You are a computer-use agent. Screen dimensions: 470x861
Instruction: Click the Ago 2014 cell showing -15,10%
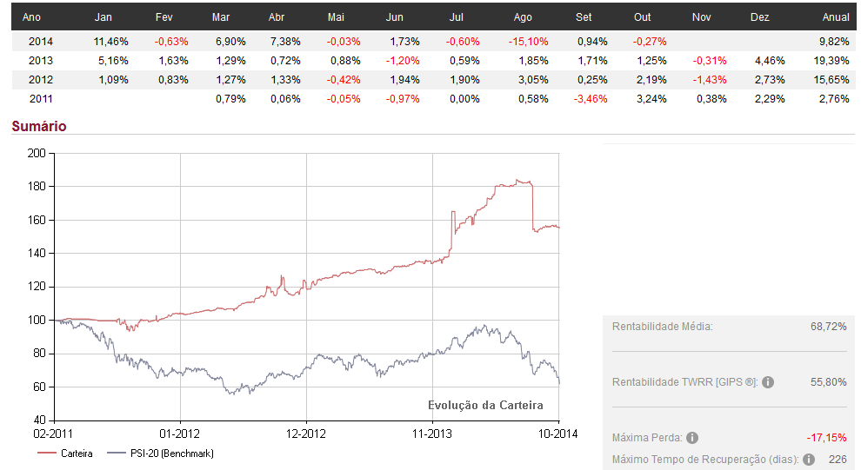click(x=532, y=41)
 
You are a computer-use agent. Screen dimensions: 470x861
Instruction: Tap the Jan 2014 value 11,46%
click(x=110, y=41)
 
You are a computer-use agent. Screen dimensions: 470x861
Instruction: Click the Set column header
click(x=584, y=17)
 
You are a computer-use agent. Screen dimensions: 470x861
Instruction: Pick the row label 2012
click(x=41, y=80)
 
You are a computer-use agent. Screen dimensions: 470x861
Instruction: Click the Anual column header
click(x=835, y=17)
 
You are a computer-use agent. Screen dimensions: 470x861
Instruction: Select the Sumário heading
click(x=39, y=127)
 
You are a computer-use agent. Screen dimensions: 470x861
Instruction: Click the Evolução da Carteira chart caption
click(x=485, y=405)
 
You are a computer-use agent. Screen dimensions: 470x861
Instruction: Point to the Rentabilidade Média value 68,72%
click(x=828, y=327)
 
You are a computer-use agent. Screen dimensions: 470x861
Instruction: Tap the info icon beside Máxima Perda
click(x=692, y=438)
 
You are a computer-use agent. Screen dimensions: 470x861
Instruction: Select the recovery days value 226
click(x=838, y=460)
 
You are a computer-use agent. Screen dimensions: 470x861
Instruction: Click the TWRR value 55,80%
click(x=828, y=382)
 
